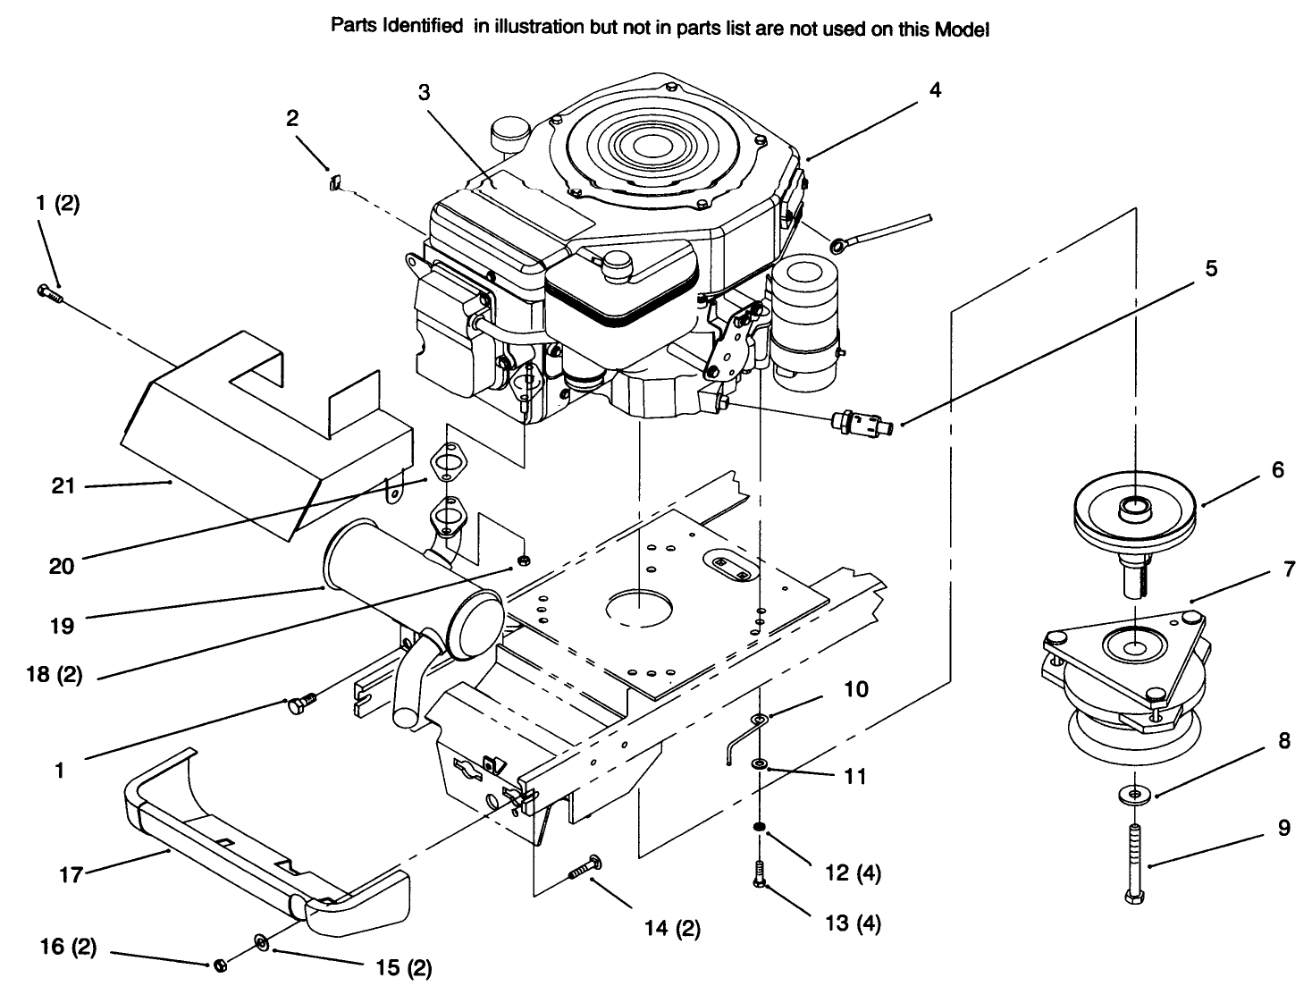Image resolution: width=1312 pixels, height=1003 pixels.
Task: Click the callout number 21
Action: coord(63,486)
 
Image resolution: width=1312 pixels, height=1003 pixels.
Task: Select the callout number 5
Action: coord(1211,267)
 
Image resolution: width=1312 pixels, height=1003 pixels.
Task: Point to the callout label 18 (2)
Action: coord(54,675)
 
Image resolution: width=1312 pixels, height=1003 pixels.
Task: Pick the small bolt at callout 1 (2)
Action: coord(48,291)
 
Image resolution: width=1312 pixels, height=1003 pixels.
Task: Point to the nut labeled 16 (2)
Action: coord(221,965)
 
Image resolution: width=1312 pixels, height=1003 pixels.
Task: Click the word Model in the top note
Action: coord(962,29)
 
